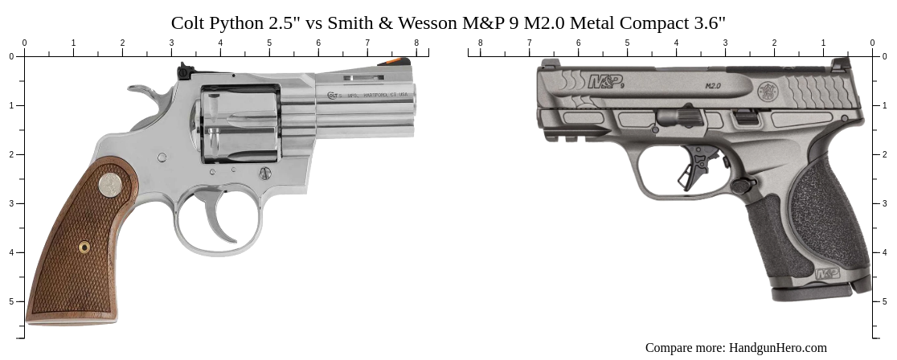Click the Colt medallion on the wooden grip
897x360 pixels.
[x=110, y=186]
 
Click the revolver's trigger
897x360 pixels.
[x=219, y=211]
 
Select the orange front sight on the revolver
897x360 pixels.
[x=395, y=60]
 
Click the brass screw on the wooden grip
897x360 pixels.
[x=84, y=247]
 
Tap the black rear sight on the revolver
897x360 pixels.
[x=184, y=72]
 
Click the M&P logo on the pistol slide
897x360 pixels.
[x=606, y=81]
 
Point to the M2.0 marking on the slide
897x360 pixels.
[x=712, y=84]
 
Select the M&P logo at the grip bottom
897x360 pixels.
[x=828, y=274]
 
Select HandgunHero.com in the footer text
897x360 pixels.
[x=777, y=348]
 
